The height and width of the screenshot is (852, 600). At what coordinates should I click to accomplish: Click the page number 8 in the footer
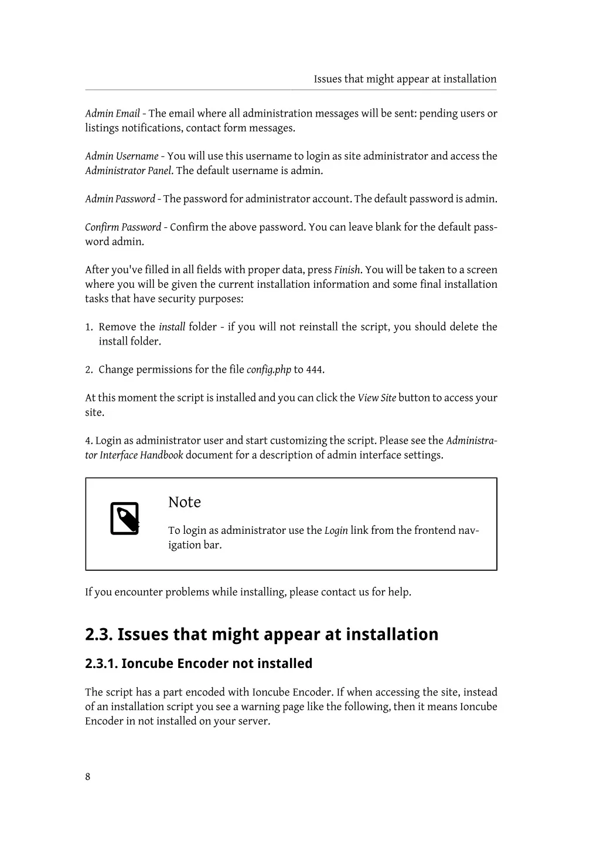88,777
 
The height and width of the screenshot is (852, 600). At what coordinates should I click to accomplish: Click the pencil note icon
125,519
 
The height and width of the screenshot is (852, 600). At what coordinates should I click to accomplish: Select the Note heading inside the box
185,502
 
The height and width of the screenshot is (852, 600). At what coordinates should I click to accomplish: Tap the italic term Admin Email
112,114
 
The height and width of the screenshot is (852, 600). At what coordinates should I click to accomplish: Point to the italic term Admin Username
122,156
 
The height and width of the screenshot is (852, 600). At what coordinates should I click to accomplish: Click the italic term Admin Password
120,199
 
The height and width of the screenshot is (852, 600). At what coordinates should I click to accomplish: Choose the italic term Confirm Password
123,227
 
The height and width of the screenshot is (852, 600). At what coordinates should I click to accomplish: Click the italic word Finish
347,270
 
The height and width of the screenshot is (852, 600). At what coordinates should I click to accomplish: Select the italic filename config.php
269,370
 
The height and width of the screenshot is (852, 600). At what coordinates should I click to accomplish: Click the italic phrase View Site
377,398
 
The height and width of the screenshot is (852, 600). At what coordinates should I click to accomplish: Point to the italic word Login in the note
336,531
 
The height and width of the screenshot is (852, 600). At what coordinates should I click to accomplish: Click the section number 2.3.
98,635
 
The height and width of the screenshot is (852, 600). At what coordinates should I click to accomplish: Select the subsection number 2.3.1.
101,664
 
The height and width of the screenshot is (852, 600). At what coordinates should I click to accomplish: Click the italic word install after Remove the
172,327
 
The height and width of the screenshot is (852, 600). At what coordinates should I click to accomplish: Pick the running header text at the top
405,79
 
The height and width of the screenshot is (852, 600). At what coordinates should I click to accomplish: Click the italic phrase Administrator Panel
128,171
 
